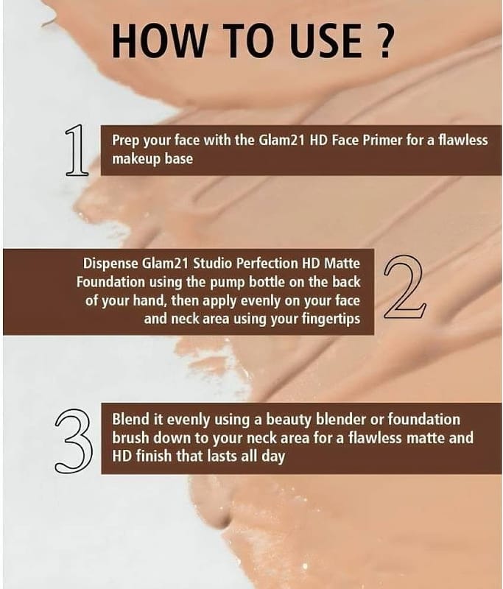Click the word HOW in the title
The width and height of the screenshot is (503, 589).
coord(159,40)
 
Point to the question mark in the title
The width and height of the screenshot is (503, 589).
coord(384,40)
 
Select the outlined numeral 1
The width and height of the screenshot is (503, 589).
coord(77,150)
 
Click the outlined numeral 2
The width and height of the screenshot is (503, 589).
coord(404,287)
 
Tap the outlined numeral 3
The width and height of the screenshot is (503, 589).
coord(74,441)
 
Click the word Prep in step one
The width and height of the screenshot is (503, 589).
coord(125,141)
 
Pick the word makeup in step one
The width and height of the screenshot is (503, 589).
coord(137,159)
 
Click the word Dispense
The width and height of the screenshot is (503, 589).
coord(110,264)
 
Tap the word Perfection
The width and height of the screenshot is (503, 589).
coord(267,264)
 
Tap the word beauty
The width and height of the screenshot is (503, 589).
coord(289,420)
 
